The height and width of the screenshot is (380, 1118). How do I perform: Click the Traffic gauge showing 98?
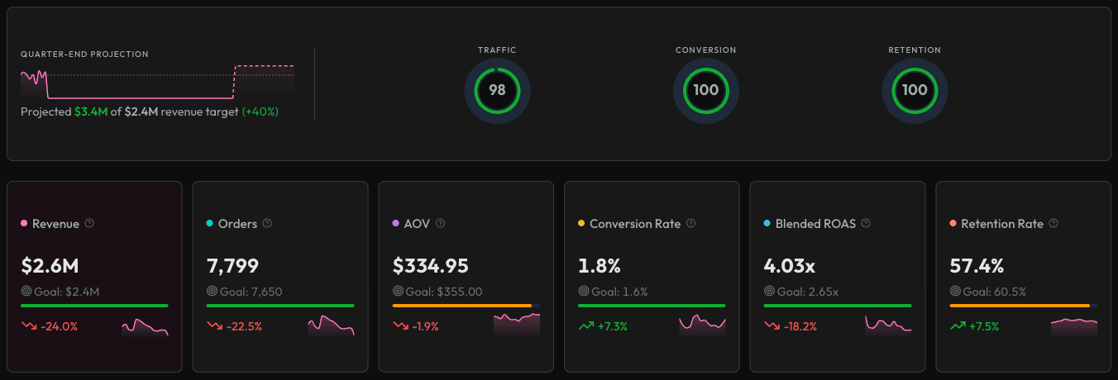pyautogui.click(x=497, y=90)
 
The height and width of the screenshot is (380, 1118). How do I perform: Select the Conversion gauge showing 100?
pyautogui.click(x=705, y=90)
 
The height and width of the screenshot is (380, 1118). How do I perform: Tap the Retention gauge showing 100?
pyautogui.click(x=915, y=90)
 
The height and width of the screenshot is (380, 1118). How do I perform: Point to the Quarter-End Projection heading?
pyautogui.click(x=84, y=55)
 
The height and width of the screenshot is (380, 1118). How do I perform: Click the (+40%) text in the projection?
pyautogui.click(x=260, y=112)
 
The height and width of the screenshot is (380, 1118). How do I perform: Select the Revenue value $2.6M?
pyautogui.click(x=50, y=265)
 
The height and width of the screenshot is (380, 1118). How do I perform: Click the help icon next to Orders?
pyautogui.click(x=267, y=223)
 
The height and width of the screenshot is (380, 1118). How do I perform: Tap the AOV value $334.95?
pyautogui.click(x=430, y=265)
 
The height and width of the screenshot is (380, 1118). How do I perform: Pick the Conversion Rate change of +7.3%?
pyautogui.click(x=612, y=326)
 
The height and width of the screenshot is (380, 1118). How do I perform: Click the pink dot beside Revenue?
pyautogui.click(x=24, y=224)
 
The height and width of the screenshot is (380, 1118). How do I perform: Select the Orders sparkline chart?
pyautogui.click(x=331, y=325)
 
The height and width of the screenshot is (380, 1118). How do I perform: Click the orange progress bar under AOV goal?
pyautogui.click(x=461, y=306)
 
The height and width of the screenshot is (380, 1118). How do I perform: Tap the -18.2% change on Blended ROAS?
pyautogui.click(x=798, y=326)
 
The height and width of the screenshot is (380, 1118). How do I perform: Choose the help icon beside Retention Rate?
pyautogui.click(x=1055, y=223)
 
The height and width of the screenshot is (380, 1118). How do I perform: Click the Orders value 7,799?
pyautogui.click(x=232, y=265)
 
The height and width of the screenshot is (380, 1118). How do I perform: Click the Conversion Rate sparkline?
pyautogui.click(x=702, y=325)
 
